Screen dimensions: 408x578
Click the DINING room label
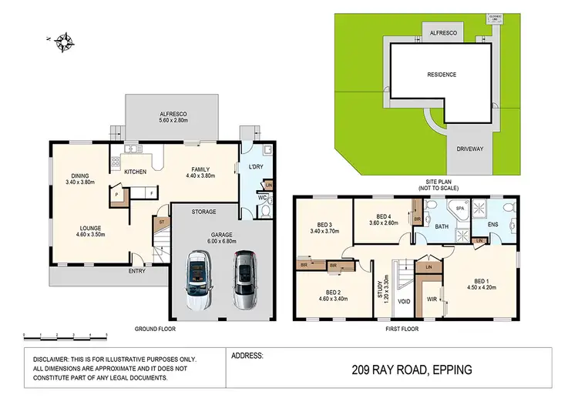click(x=80, y=175)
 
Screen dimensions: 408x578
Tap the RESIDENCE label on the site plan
click(x=442, y=75)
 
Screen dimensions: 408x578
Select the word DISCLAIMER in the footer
click(x=51, y=359)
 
